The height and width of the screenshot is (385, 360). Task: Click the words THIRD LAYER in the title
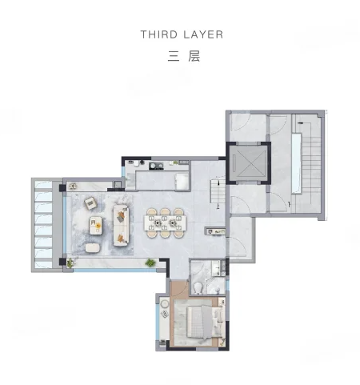tap(181, 34)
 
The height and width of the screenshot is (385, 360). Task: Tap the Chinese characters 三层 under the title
tap(181, 57)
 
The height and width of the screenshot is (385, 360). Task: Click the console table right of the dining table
tap(216, 232)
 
